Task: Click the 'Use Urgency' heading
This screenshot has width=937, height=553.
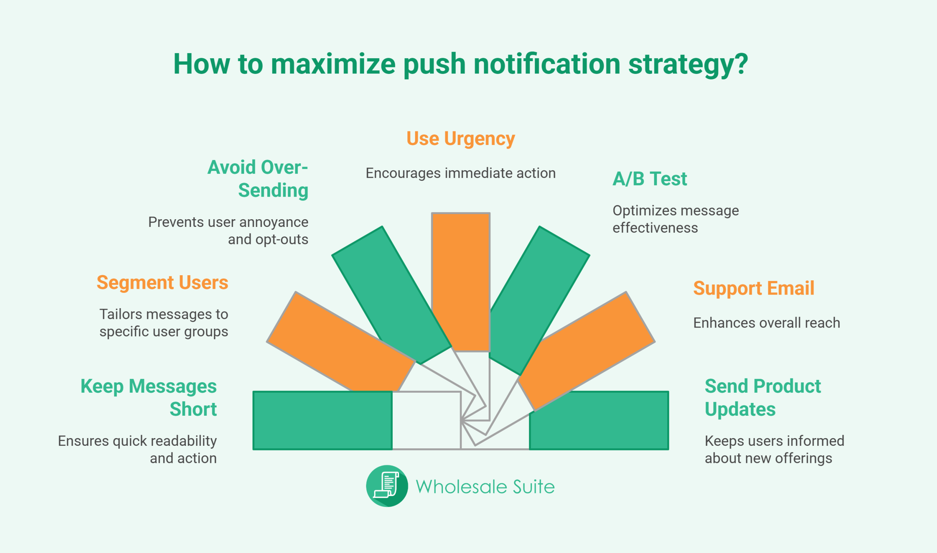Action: [460, 139]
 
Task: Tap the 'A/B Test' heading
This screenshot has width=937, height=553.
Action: [650, 179]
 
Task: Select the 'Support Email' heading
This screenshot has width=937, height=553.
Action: [754, 288]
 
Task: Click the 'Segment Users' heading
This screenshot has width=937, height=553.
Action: [163, 283]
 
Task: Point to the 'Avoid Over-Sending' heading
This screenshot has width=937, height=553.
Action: [258, 179]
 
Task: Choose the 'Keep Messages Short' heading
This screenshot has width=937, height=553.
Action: [149, 397]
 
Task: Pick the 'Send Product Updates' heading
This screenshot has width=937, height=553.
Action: [763, 397]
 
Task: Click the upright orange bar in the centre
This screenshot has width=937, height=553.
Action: [460, 282]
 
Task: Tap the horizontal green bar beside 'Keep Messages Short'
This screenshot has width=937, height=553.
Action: [322, 421]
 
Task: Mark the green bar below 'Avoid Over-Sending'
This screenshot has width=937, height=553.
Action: [391, 295]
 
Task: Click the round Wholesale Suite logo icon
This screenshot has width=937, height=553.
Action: [387, 486]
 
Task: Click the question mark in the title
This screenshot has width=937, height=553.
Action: [742, 63]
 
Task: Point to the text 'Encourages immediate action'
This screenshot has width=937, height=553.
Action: [460, 173]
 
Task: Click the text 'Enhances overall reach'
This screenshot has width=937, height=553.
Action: [767, 323]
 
